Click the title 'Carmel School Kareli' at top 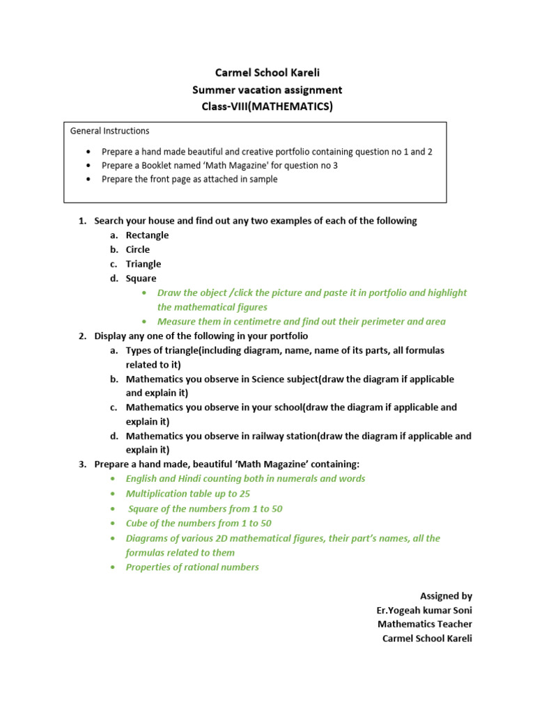point(267,72)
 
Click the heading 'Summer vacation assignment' point(267,90)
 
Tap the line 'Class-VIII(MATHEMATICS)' point(267,107)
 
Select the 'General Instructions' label point(110,131)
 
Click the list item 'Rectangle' point(147,235)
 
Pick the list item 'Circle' point(138,250)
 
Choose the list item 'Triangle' point(144,264)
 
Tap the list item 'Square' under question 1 point(141,279)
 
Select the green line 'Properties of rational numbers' point(192,567)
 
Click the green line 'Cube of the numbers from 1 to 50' point(199,524)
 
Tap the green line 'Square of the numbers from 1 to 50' point(206,509)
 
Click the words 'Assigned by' point(446,596)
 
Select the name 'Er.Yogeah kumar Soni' point(424,611)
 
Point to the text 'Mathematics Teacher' point(425,625)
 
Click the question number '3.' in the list point(82,464)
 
